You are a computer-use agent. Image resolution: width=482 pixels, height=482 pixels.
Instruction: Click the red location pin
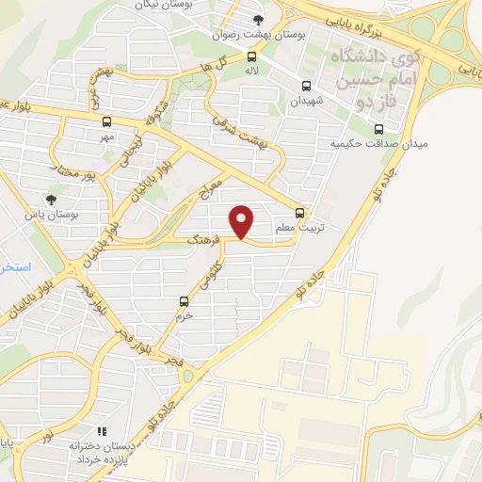coord(242,221)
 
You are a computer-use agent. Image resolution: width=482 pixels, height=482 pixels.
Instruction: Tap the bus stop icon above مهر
coord(106,121)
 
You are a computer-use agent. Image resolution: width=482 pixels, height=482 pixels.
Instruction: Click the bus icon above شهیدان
coord(306,87)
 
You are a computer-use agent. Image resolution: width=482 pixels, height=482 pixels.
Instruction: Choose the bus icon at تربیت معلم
coord(300,213)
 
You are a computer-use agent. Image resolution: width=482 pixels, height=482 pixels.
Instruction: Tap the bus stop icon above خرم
coord(184,302)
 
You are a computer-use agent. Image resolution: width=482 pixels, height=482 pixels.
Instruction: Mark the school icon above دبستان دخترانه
coord(101,431)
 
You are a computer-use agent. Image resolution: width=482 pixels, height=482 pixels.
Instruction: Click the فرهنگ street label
coord(203,234)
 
